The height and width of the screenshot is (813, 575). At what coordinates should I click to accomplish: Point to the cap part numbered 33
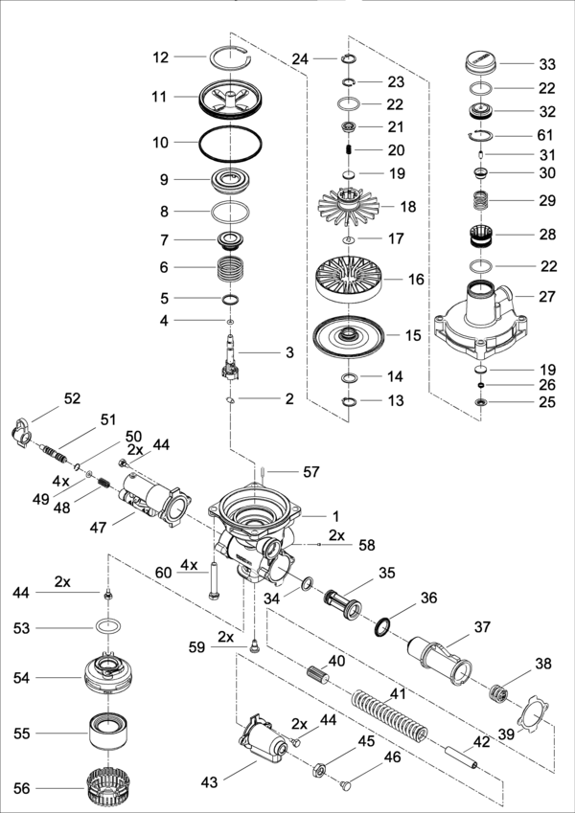480,62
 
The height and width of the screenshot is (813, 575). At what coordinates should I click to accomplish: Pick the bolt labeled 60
213,579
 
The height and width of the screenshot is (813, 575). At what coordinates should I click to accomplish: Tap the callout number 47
98,528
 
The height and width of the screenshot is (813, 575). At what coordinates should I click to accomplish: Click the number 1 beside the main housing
335,516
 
